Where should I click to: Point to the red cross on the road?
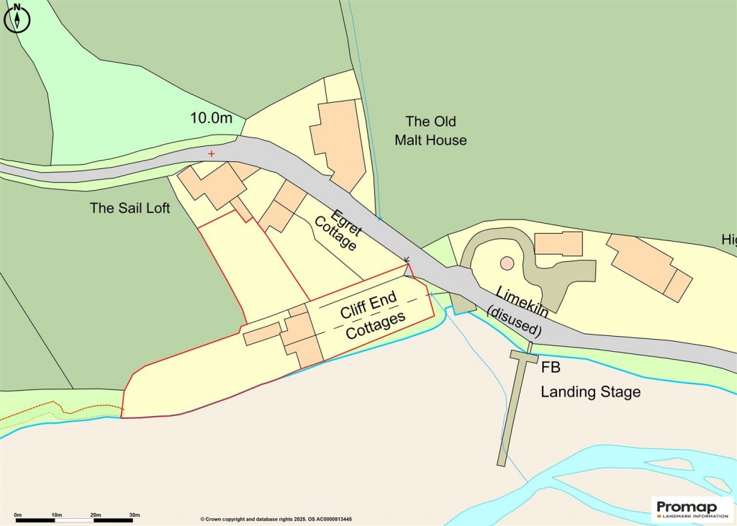coord(211,154)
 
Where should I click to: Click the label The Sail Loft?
coord(130,209)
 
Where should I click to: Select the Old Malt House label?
coord(430,131)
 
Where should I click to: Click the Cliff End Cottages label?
coord(371,319)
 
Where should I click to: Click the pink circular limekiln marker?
coord(507,263)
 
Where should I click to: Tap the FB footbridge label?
coord(551,368)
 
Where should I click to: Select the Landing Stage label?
coord(590,392)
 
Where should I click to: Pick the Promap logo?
coord(692,509)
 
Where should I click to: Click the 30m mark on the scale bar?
coord(135,515)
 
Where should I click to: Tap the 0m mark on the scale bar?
coord(18,515)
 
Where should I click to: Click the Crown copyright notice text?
coord(281,519)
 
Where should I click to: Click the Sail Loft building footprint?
coord(209,186)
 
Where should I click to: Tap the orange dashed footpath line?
coord(65,413)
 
